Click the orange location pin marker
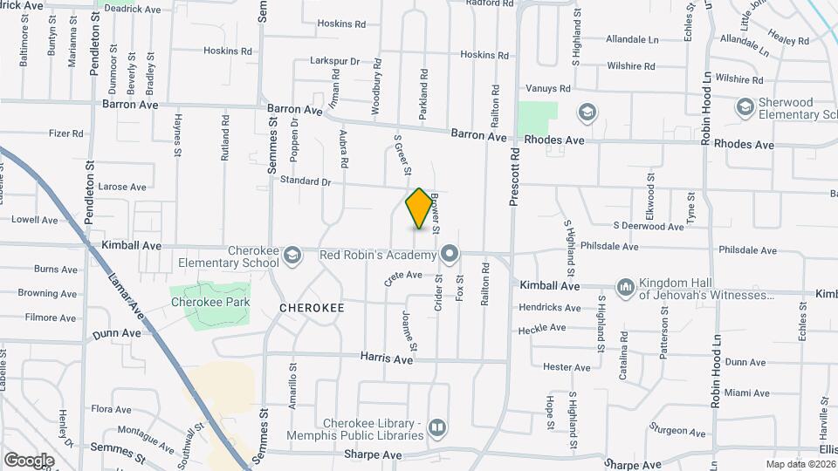pyautogui.click(x=420, y=208)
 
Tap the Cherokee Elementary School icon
pyautogui.click(x=292, y=255)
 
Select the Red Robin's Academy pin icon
pyautogui.click(x=450, y=255)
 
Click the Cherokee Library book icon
pyautogui.click(x=436, y=429)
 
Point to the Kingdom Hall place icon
pyautogui.click(x=625, y=287)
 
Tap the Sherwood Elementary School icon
pyautogui.click(x=745, y=107)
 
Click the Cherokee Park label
pyautogui.click(x=210, y=303)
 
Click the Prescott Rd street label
pyautogui.click(x=515, y=175)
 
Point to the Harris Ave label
pyautogui.click(x=388, y=358)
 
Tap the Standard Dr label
pyautogui.click(x=306, y=181)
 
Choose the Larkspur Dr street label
pyautogui.click(x=334, y=61)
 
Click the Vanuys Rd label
pyautogui.click(x=548, y=89)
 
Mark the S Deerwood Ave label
pyautogui.click(x=649, y=226)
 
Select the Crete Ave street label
pyautogui.click(x=403, y=278)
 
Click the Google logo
pyautogui.click(x=29, y=460)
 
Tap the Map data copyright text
pyautogui.click(x=800, y=463)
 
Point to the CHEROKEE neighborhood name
pyautogui.click(x=312, y=308)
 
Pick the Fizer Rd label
pyautogui.click(x=65, y=133)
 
